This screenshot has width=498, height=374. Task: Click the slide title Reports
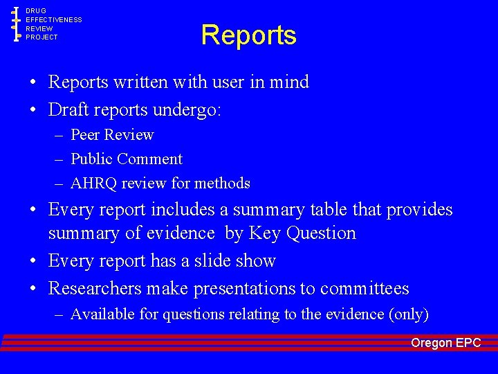tap(249, 35)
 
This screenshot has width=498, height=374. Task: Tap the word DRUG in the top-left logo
tap(36, 11)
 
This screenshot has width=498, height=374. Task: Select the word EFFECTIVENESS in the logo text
tap(54, 20)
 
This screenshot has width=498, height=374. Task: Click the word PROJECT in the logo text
tap(42, 37)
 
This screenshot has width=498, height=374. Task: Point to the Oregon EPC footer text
tap(445, 343)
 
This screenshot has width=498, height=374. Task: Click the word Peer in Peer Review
tap(85, 134)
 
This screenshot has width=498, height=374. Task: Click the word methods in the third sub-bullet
tap(223, 184)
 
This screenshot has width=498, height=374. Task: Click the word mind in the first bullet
tap(291, 82)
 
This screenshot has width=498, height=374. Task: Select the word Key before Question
tap(264, 233)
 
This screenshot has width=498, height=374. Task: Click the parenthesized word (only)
tap(409, 314)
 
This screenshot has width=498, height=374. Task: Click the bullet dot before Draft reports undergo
tap(33, 109)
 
